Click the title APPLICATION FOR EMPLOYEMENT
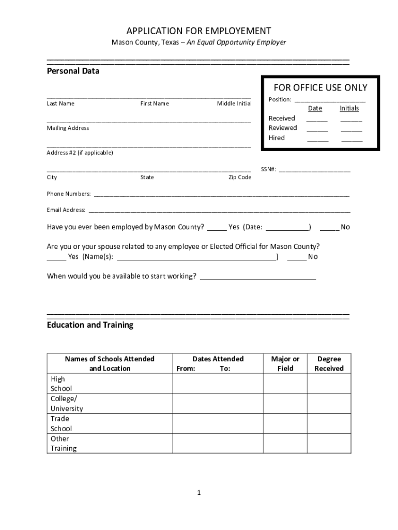pos(199,31)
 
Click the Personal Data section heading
pos(73,71)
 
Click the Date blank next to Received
pos(317,119)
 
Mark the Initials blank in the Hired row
pos(351,139)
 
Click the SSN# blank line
pos(314,170)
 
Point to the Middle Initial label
pos(234,104)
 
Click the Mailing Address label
pos(68,128)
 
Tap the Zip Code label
pos(240,178)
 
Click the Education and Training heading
pos(90,325)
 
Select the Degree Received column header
pos(329,364)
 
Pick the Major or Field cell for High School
pos(285,384)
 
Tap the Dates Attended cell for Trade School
pos(218,423)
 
